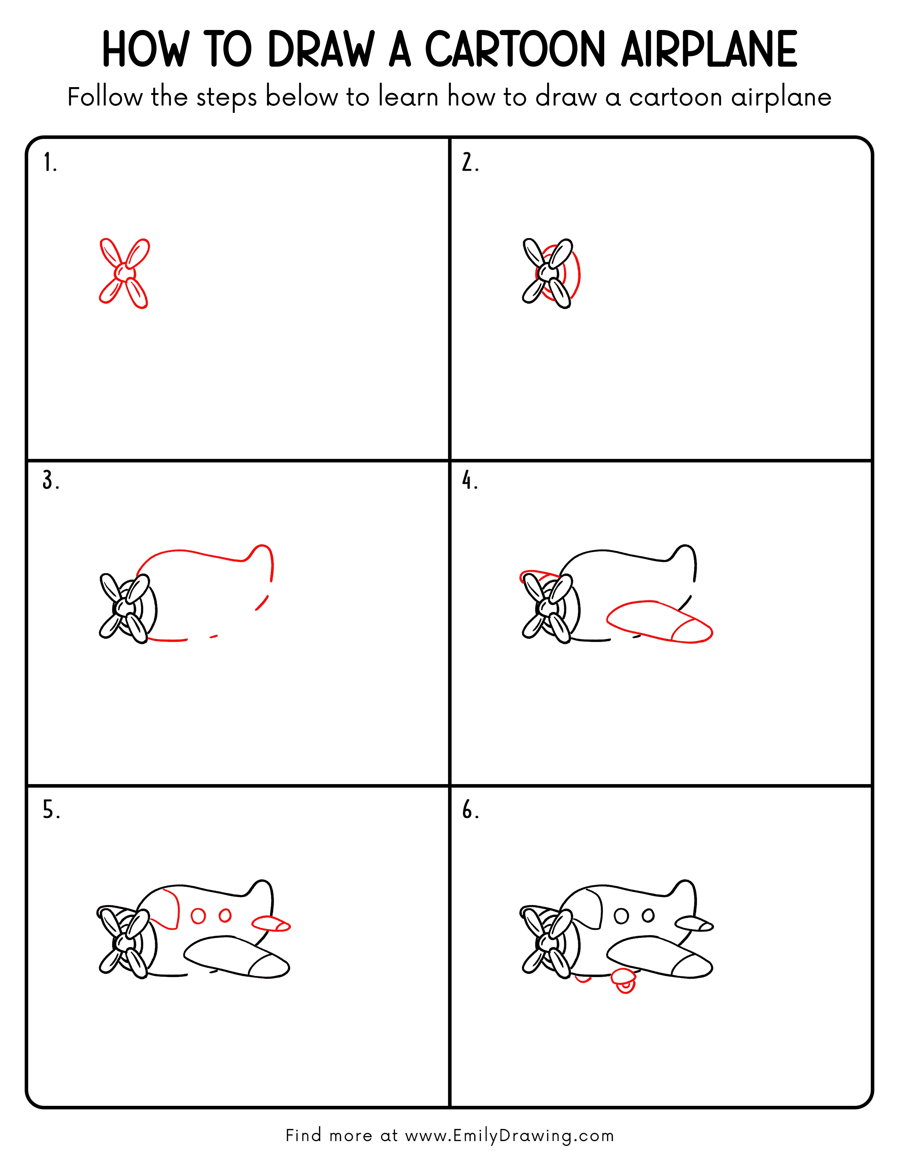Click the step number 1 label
click(49, 163)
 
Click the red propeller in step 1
click(124, 273)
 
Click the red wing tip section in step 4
click(692, 631)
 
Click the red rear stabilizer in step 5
click(270, 924)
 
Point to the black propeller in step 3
click(123, 608)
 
